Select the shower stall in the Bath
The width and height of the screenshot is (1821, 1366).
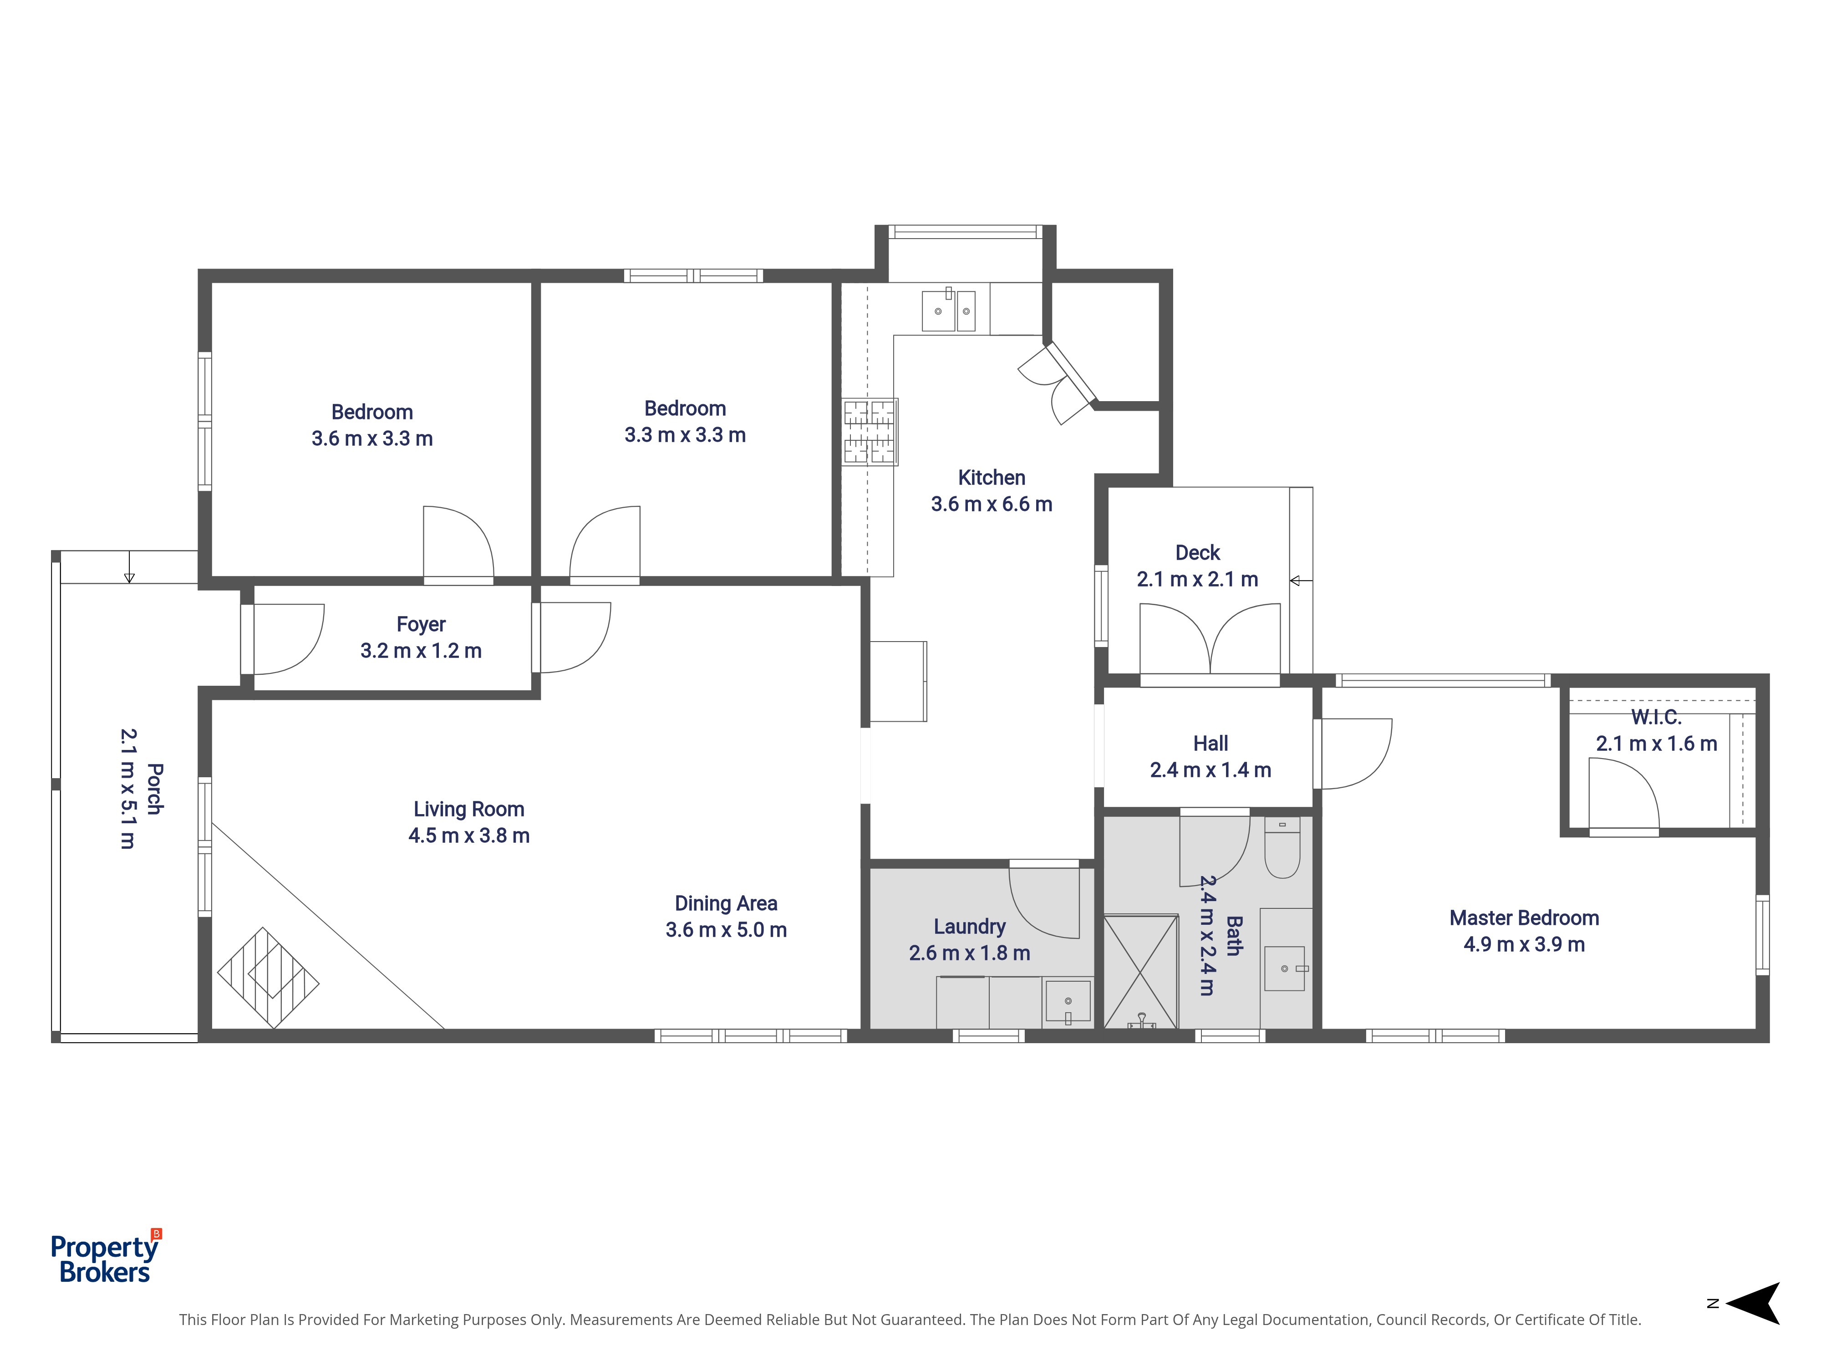coord(1140,972)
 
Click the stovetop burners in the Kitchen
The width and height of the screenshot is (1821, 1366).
coord(870,432)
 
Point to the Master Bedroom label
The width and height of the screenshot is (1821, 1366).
coord(1524,918)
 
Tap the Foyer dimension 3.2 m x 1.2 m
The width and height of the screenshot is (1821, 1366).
coord(421,651)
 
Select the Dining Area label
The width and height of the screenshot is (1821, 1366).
coord(725,903)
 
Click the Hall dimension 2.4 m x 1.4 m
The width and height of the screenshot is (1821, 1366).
coord(1210,770)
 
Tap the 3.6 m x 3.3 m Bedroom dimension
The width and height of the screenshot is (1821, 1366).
coord(372,438)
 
